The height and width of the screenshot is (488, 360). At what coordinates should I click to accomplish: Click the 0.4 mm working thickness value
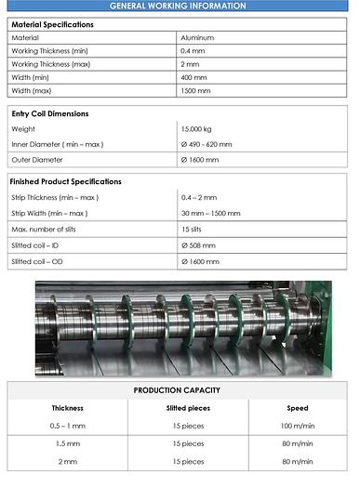pyautogui.click(x=193, y=50)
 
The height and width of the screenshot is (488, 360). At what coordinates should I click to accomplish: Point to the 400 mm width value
pyautogui.click(x=194, y=77)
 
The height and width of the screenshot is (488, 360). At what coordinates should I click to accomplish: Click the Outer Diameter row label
pyautogui.click(x=35, y=160)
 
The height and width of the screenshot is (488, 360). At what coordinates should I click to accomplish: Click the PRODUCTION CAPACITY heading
pyautogui.click(x=177, y=390)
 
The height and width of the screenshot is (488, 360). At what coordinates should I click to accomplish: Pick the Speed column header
pyautogui.click(x=297, y=408)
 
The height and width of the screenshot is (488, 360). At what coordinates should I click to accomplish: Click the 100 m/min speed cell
pyautogui.click(x=297, y=426)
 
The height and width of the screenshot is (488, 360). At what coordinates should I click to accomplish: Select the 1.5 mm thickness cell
pyautogui.click(x=67, y=443)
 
